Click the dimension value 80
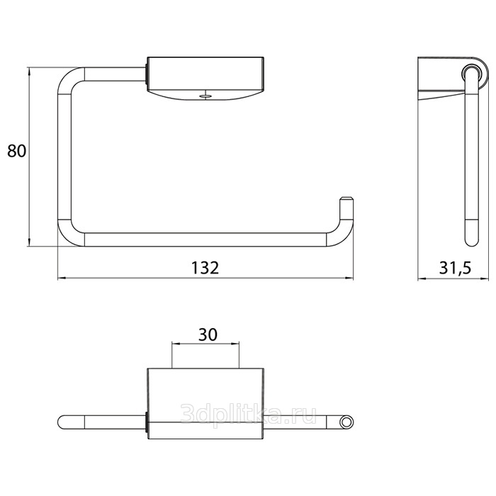pyautogui.click(x=17, y=151)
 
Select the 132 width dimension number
pyautogui.click(x=205, y=268)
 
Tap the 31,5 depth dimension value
pyautogui.click(x=455, y=269)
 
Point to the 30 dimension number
pyautogui.click(x=208, y=334)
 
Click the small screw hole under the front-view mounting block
pyautogui.click(x=205, y=96)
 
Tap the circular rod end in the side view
pyautogui.click(x=472, y=75)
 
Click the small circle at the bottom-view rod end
pyautogui.click(x=346, y=422)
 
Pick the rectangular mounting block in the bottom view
pyautogui.click(x=205, y=404)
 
